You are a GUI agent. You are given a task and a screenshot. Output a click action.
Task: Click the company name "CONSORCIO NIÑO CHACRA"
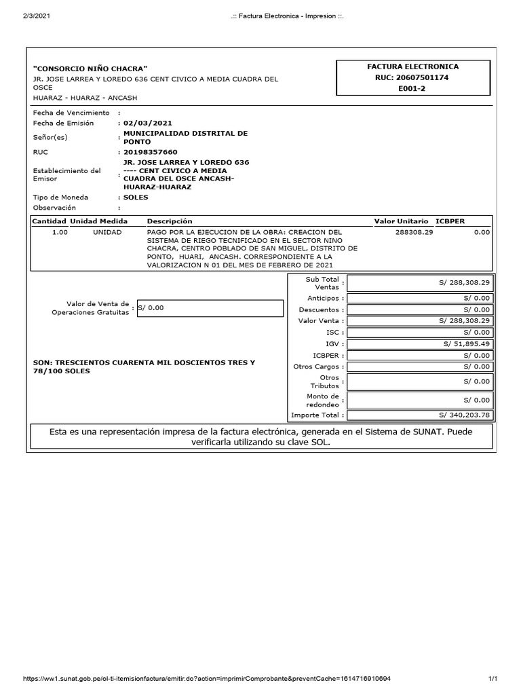[90, 69]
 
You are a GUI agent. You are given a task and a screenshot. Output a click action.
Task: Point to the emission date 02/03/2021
[147, 124]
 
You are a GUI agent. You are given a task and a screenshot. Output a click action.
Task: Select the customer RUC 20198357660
[150, 153]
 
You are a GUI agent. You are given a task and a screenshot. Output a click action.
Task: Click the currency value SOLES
[135, 198]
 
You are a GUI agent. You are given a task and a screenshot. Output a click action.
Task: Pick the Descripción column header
[170, 221]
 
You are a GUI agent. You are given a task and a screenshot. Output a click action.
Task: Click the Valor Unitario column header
[401, 221]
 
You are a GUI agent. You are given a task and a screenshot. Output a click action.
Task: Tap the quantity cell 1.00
[60, 232]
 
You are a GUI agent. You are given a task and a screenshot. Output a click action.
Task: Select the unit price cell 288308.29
[413, 232]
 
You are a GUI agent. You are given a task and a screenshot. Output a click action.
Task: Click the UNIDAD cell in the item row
[107, 232]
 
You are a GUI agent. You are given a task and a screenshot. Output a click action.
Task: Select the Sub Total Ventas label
[322, 283]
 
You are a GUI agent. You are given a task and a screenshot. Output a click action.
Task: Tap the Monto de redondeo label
[322, 400]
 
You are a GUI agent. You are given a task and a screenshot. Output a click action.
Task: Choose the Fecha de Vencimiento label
[71, 113]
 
